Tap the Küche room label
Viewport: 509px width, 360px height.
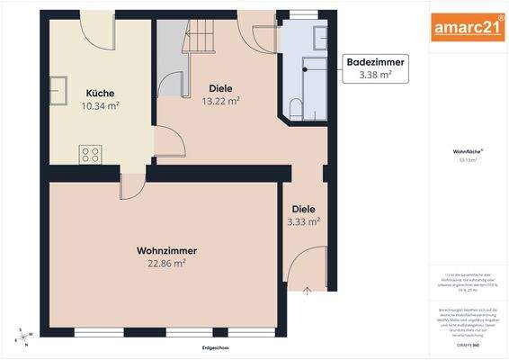tap(100, 93)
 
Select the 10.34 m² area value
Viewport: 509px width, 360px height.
tap(100, 106)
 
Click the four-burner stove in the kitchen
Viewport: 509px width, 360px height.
tap(91, 154)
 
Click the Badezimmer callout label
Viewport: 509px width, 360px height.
tap(376, 62)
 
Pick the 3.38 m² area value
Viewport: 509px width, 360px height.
tap(376, 76)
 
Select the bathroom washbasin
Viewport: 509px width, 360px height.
tap(320, 36)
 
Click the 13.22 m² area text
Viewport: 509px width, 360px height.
tap(220, 102)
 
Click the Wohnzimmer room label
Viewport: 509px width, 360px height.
tap(167, 250)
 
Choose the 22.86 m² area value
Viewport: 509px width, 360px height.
tap(167, 264)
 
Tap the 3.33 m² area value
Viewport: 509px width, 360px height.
tap(304, 220)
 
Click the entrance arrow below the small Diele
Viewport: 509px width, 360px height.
tap(308, 291)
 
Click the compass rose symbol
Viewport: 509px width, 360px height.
tap(22, 337)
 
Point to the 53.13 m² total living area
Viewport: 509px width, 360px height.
tap(467, 160)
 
